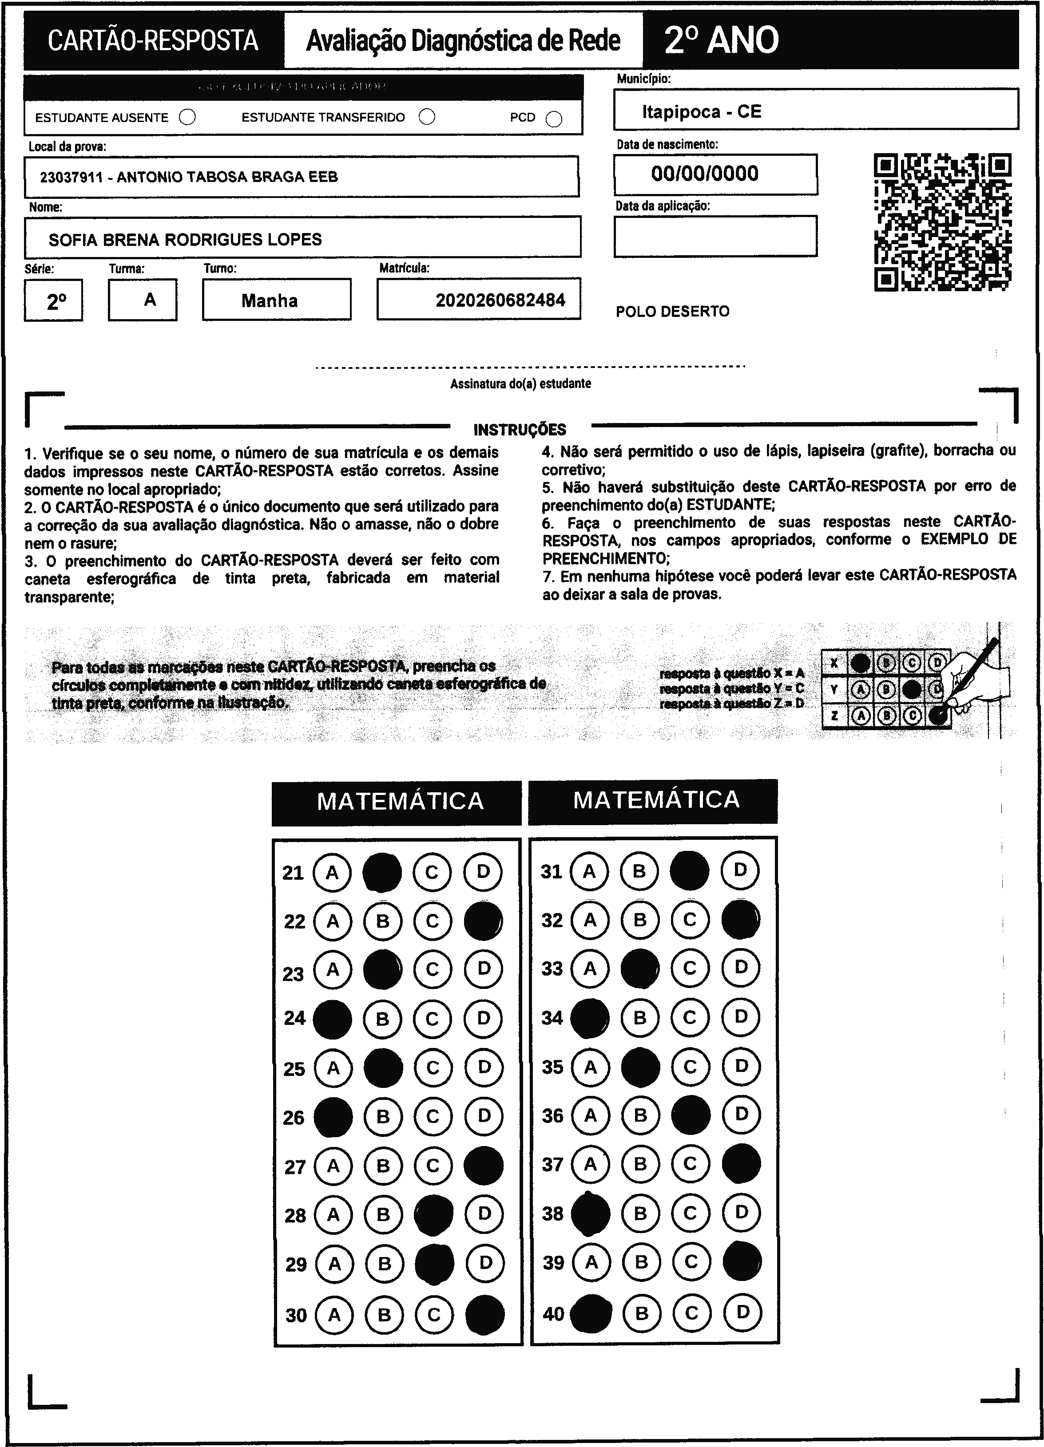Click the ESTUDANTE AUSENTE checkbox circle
[x=187, y=117]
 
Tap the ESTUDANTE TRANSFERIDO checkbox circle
[x=427, y=117]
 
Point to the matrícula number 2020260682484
[x=500, y=300]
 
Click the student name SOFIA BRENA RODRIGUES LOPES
[x=185, y=240]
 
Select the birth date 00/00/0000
[x=704, y=174]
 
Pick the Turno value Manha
[x=269, y=300]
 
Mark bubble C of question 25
[x=433, y=1068]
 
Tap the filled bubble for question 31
[x=689, y=870]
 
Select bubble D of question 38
[x=741, y=1212]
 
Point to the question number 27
[x=295, y=1167]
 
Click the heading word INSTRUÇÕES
[x=520, y=429]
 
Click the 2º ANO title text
[x=721, y=40]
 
